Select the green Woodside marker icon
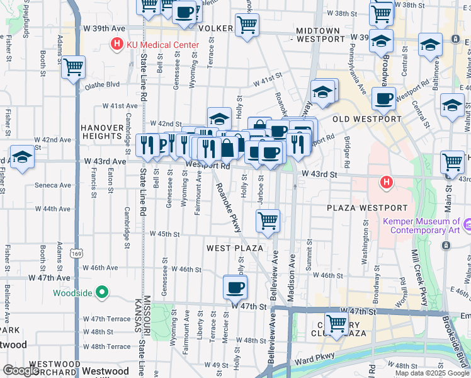(102, 292)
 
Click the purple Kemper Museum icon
(467, 225)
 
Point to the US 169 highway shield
(76, 254)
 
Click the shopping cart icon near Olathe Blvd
(74, 67)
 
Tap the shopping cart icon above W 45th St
(268, 221)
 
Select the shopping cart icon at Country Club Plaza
(336, 324)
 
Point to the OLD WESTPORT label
(366, 119)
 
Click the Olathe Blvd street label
(104, 84)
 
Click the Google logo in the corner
(21, 370)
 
